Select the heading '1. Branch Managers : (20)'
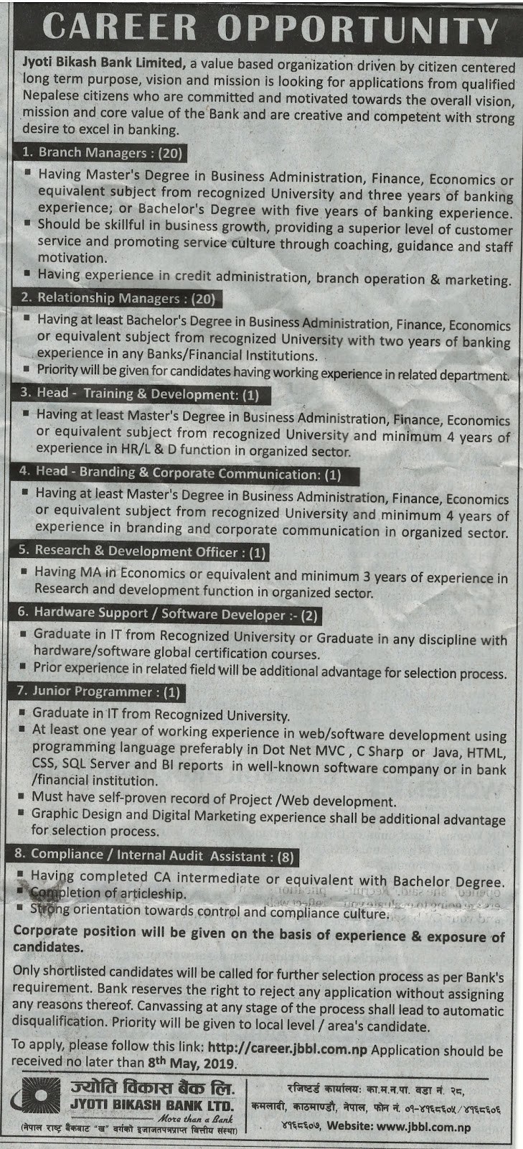(102, 152)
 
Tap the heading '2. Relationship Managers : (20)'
(118, 298)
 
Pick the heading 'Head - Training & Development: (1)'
(139, 394)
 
